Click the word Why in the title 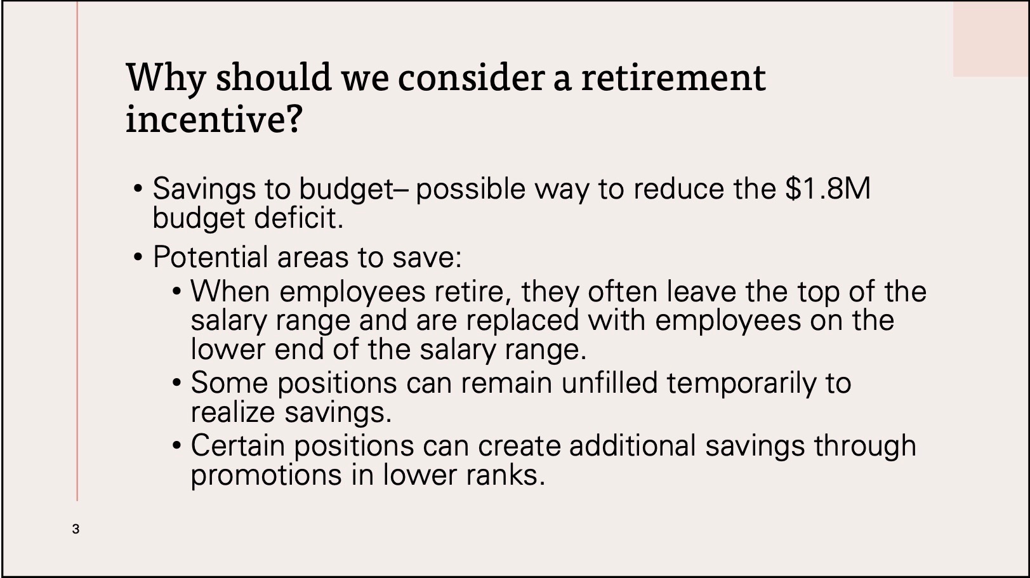pos(165,79)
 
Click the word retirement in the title pos(673,77)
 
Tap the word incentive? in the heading pos(214,119)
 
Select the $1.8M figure pos(828,188)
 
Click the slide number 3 pos(76,529)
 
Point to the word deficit pos(299,218)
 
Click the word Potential pos(210,256)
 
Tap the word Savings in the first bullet pos(204,190)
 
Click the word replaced pos(522,320)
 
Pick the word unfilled pos(609,383)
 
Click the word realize pos(233,412)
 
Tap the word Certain pos(238,445)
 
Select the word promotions pos(267,475)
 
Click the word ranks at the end pos(506,475)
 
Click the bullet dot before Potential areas pos(138,258)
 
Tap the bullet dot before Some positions pos(177,383)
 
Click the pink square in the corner pos(991,39)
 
